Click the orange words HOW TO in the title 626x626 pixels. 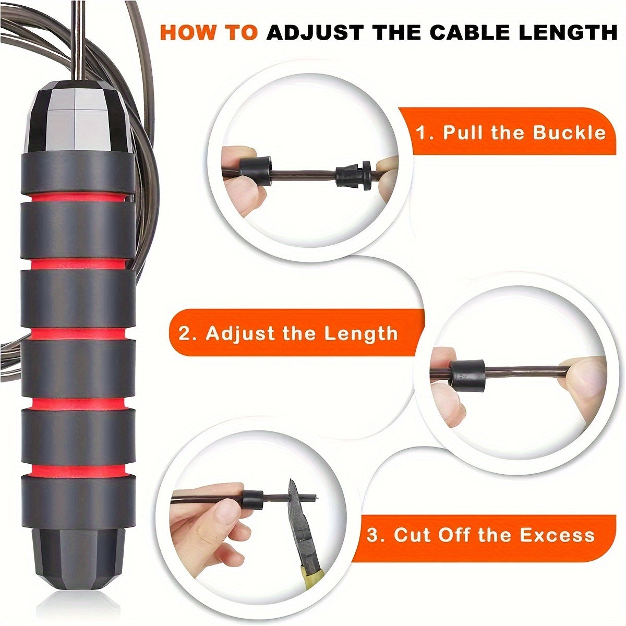click(209, 32)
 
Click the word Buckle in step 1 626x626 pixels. click(569, 133)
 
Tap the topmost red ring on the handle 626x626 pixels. click(78, 197)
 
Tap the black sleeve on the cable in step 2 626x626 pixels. click(466, 376)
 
